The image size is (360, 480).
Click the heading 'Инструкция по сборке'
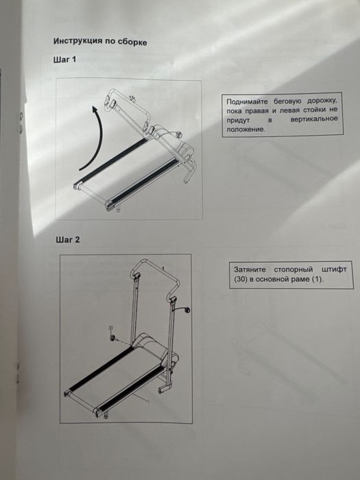[100, 41]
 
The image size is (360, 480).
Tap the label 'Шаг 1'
[64, 60]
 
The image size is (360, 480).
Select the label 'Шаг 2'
[68, 239]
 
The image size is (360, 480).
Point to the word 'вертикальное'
[314, 119]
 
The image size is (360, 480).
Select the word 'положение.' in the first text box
[245, 129]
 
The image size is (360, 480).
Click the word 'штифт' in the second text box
[335, 269]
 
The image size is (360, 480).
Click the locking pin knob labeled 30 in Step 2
[112, 337]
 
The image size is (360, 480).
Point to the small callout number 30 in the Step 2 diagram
[111, 328]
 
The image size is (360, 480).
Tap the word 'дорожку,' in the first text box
[323, 101]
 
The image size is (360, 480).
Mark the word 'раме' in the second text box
[302, 280]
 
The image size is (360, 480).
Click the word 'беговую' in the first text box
[287, 101]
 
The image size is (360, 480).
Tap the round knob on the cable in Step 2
[187, 310]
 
